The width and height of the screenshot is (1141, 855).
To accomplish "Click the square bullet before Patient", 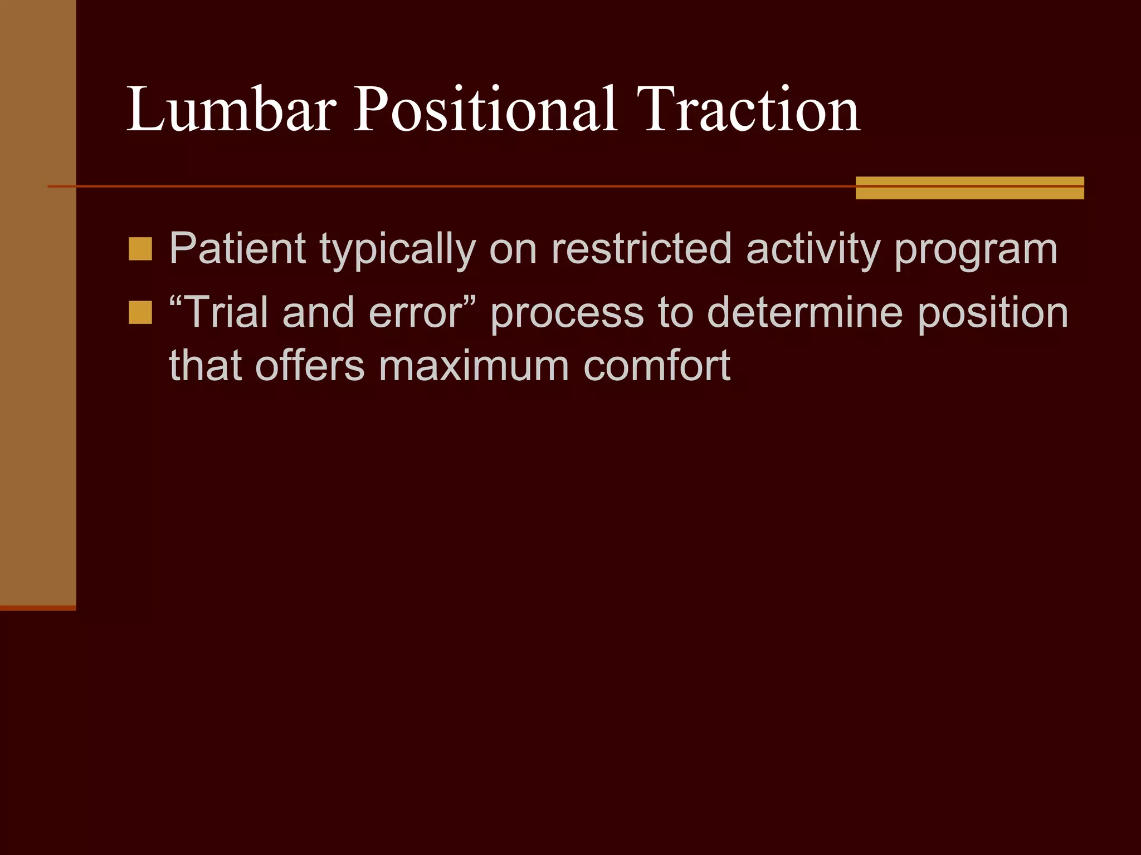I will pos(140,249).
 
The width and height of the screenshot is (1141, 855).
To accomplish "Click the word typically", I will pos(397,249).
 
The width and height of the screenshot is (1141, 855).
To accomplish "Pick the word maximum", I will pos(474,366).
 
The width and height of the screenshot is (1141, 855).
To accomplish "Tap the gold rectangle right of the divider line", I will pos(969,188).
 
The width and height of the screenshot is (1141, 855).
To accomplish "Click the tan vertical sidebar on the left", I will pos(38,301).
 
